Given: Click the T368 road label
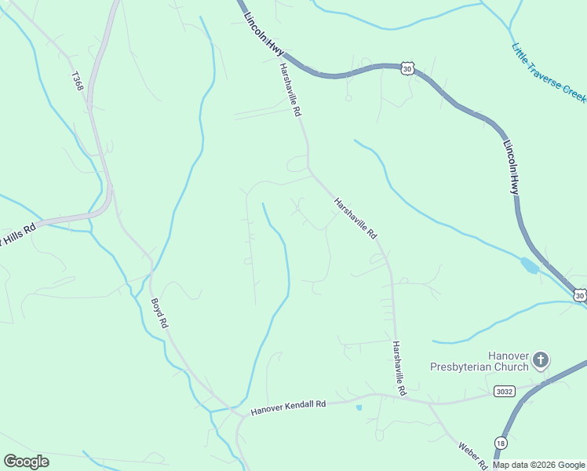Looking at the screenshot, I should point(78,82).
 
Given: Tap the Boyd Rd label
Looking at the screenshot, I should point(159,312).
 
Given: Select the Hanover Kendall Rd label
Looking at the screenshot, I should point(288,407).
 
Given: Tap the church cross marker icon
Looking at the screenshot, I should point(540,360).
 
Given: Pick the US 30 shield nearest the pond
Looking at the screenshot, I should point(578,295).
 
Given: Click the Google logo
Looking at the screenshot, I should point(26,462).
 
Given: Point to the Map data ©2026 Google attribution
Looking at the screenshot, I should point(538,465).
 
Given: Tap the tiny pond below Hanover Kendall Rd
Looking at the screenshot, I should point(359,407).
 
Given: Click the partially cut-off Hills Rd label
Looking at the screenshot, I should point(18,234).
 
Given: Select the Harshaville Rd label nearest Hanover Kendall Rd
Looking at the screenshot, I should point(399,367).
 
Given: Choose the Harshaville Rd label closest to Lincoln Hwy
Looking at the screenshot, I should point(287,90).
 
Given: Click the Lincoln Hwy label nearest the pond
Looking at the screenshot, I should point(512,167).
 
